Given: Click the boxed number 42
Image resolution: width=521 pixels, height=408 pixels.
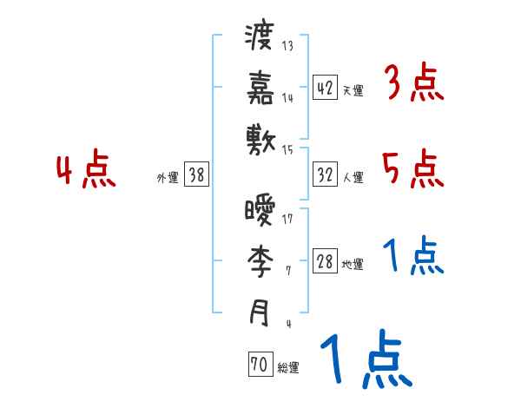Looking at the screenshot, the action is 324,87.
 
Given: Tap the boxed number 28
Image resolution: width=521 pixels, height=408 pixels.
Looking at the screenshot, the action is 324,262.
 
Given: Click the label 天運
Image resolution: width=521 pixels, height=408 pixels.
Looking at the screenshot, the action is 353,90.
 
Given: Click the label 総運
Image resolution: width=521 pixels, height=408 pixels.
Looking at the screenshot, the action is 288,368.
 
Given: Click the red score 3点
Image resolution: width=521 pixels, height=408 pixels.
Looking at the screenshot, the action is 413,84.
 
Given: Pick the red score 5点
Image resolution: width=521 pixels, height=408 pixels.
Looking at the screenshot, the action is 413,169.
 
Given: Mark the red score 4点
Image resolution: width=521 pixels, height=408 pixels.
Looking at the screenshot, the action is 86,169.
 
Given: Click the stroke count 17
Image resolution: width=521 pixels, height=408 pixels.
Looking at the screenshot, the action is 287,219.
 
